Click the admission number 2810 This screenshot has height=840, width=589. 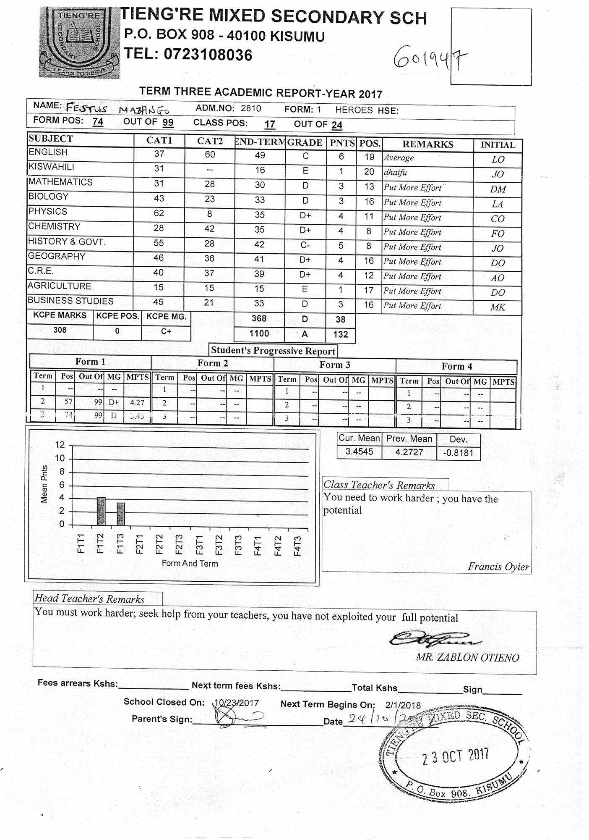pos(251,108)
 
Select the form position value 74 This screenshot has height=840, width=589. pos(98,122)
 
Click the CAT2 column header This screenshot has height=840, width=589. pos(210,141)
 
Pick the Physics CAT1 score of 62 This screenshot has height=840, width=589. pos(159,213)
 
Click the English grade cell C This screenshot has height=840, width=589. pos(305,156)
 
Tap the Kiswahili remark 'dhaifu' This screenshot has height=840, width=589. pos(395,172)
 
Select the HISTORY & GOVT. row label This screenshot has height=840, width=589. pos(67,241)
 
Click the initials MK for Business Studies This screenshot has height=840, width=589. pos(498,307)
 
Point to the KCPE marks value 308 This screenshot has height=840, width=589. pos(60,330)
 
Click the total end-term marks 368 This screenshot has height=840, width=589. pos(259,318)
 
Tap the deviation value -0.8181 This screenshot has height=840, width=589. pos(458,453)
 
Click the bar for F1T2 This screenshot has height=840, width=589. pos(101,511)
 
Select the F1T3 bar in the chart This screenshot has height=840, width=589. pos(120,514)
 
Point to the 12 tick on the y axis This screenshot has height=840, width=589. pos(60,445)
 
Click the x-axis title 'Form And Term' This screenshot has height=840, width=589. pos(190,563)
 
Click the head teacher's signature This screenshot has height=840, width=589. pos(434,639)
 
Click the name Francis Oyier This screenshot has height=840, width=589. pos(498,567)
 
